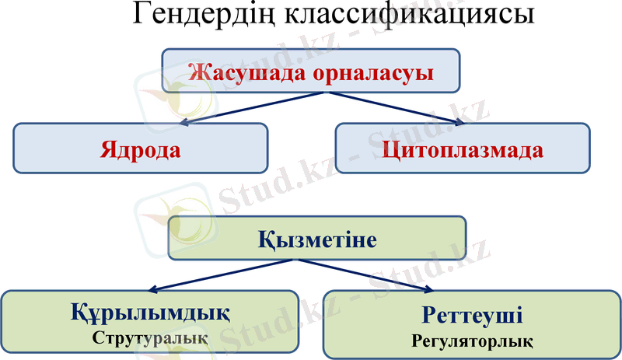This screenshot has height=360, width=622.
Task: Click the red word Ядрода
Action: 140,149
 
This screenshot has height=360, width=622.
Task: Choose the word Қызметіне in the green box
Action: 317,239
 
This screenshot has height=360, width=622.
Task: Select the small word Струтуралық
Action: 150,338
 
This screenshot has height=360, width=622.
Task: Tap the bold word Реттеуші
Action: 472,316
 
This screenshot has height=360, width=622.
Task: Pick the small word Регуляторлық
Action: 472,341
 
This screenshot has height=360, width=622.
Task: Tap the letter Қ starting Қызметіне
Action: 266,239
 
